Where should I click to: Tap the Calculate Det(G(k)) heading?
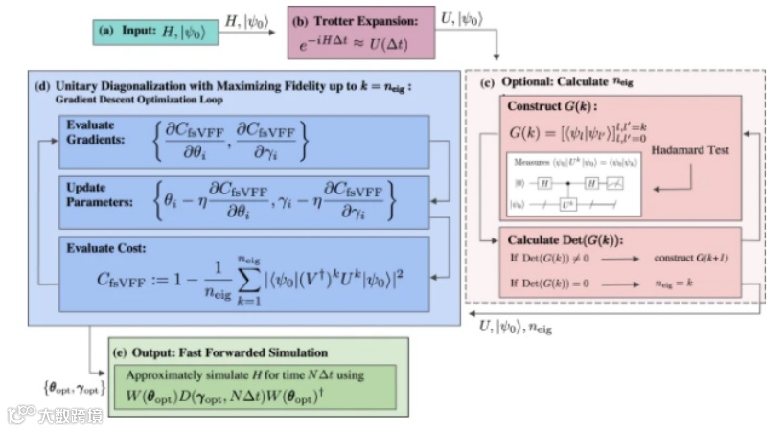coord(565,238)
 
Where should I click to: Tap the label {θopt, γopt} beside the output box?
coord(69,387)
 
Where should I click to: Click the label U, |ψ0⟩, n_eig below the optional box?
coord(517,328)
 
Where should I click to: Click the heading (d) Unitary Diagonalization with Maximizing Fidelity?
coord(226,88)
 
